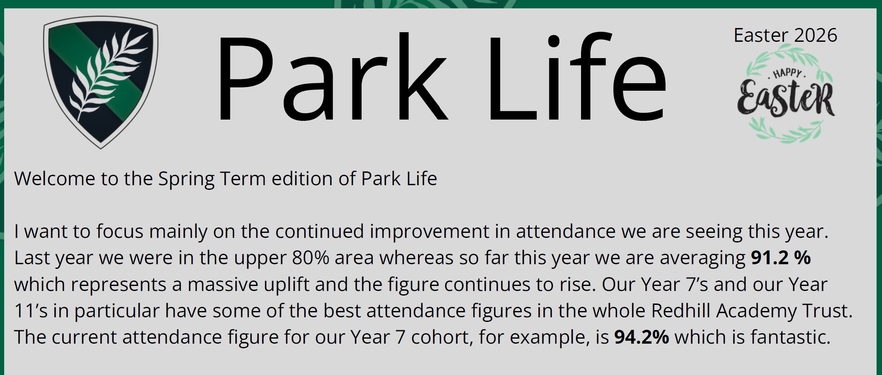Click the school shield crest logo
click(101, 82)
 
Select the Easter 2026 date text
click(785, 35)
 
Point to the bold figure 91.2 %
click(781, 258)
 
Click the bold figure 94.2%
click(641, 337)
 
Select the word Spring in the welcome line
click(186, 179)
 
